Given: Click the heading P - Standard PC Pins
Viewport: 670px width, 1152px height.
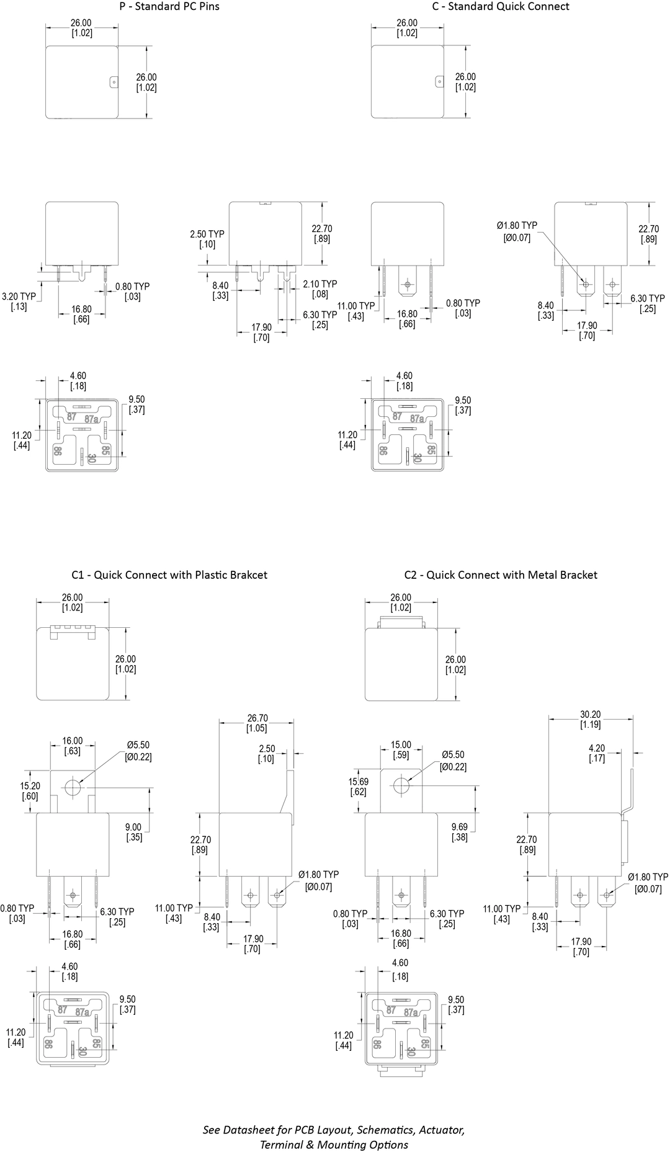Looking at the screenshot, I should (169, 7).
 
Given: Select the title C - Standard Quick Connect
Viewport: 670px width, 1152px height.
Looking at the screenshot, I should (501, 7).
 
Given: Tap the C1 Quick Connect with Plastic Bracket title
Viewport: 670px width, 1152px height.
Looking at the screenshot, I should (169, 575).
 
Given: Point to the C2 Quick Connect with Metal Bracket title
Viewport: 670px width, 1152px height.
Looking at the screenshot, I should (501, 575).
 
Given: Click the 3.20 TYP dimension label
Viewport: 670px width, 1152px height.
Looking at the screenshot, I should (19, 301).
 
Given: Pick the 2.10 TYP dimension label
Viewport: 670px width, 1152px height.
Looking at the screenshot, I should (320, 288).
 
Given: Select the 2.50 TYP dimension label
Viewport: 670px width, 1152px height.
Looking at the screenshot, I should (207, 239).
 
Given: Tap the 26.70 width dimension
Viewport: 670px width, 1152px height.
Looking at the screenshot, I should (257, 723).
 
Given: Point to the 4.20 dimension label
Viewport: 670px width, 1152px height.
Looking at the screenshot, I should (596, 753).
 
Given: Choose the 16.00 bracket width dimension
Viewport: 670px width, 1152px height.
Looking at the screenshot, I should (73, 746).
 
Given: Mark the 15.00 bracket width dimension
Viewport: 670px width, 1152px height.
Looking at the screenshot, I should (401, 749).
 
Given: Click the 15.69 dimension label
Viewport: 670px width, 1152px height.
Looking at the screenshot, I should (358, 787).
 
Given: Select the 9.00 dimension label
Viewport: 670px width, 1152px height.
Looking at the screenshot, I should (134, 832).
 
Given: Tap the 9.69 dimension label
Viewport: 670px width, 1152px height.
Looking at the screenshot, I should (460, 832).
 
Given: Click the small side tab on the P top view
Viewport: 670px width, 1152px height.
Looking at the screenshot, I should (114, 82).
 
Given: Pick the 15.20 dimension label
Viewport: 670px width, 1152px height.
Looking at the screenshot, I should (29, 791).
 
